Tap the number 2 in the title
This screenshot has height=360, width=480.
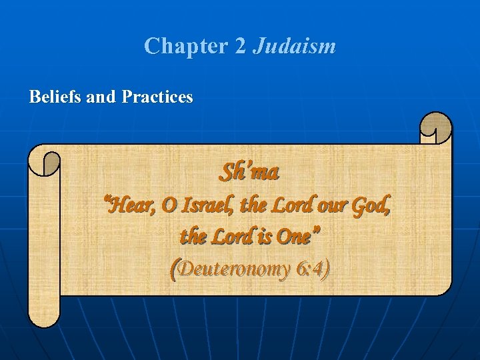tap(241, 46)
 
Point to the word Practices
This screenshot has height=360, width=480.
tap(157, 97)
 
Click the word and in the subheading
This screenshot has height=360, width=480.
tap(102, 97)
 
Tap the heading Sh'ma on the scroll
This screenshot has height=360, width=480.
tap(249, 173)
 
